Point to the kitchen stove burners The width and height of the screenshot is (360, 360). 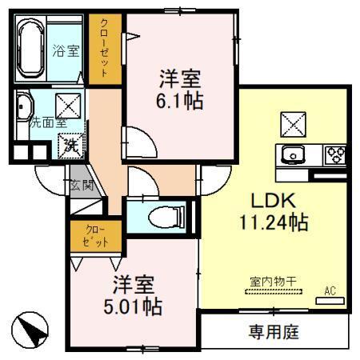[x=334, y=154]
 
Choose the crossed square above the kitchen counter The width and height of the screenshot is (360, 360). [x=291, y=122]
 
